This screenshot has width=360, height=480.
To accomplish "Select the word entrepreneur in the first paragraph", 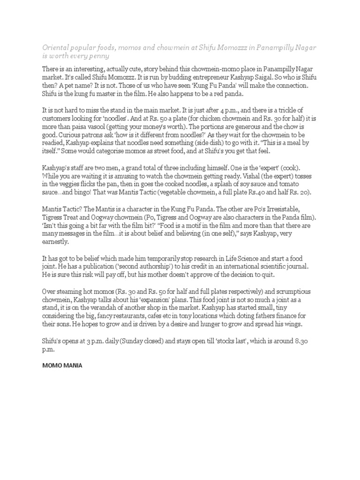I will point(220,77).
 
